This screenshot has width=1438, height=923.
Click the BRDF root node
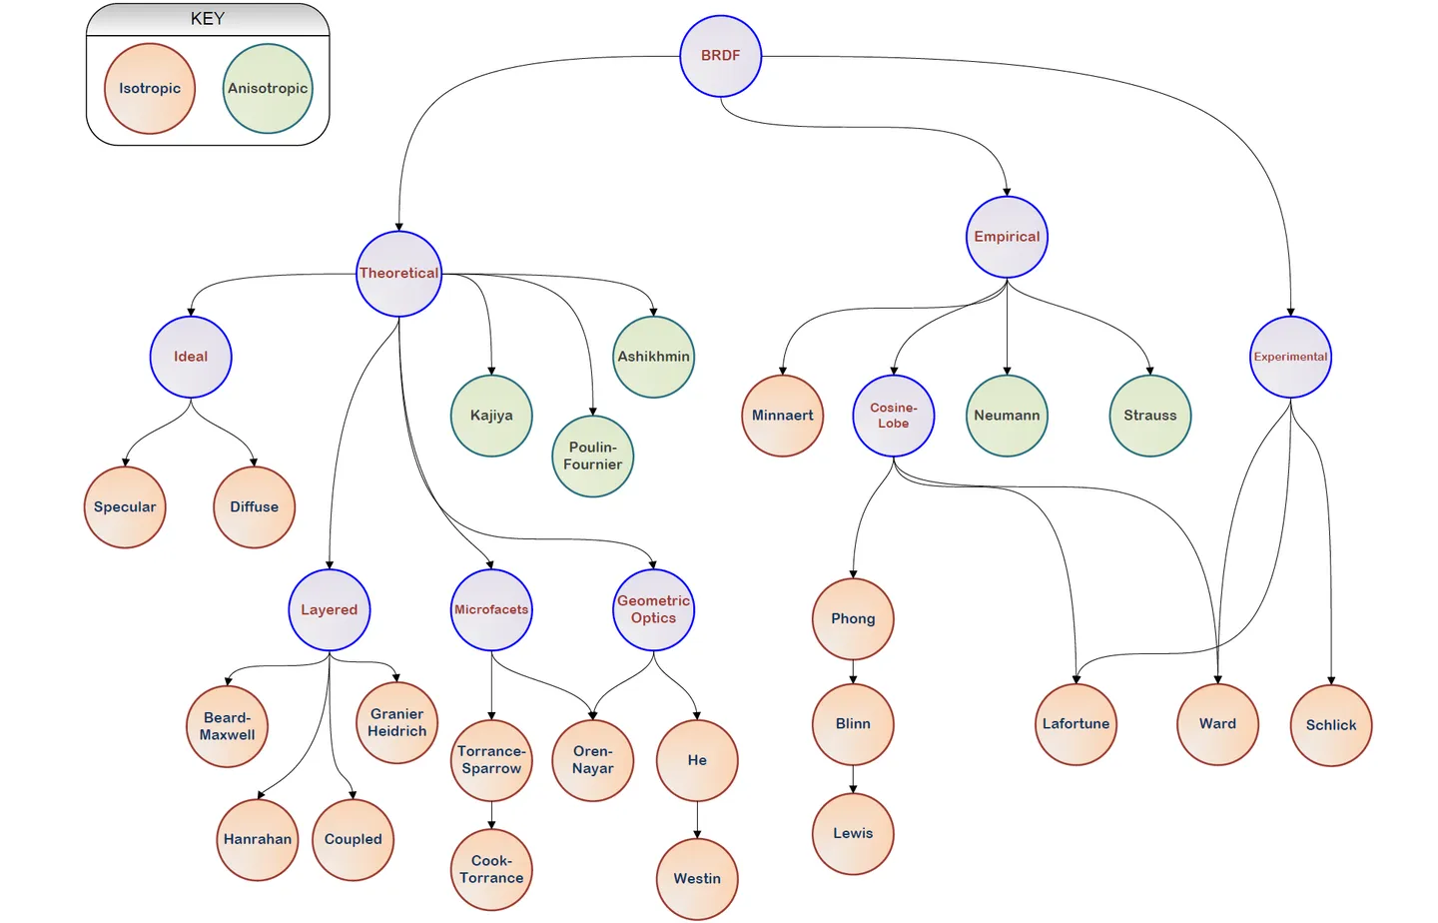click(x=720, y=56)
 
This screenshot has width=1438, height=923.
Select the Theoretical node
click(x=398, y=274)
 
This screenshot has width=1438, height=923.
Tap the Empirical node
click(x=1007, y=237)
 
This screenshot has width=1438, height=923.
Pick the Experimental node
click(x=1290, y=357)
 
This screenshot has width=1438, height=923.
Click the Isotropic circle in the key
click(x=150, y=89)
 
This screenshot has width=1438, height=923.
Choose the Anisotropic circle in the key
click(x=268, y=89)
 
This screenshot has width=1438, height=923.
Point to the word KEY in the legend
click(x=208, y=19)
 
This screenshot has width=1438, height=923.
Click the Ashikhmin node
click(x=653, y=357)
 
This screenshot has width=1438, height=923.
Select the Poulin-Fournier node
click(x=593, y=457)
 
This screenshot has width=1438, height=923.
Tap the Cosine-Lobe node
click(x=894, y=416)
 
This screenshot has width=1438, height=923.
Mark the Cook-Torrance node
click(x=491, y=869)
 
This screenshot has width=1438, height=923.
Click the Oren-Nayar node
click(x=593, y=760)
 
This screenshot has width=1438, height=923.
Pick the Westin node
click(x=697, y=879)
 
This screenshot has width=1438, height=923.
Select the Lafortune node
click(x=1076, y=724)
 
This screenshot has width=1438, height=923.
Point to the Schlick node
click(x=1331, y=725)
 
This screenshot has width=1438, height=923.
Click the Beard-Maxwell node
click(x=228, y=726)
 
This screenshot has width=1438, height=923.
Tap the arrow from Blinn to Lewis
click(x=853, y=779)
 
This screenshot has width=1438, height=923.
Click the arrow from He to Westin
click(x=697, y=820)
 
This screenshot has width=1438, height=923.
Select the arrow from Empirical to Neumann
click(x=1007, y=330)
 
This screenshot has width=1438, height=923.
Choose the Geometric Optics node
click(x=653, y=609)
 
